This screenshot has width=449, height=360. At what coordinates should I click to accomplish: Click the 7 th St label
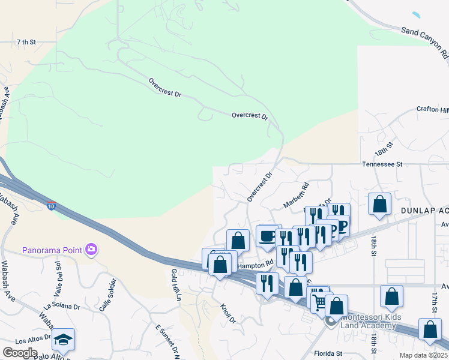pos(26,42)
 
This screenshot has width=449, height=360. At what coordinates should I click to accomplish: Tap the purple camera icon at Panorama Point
pos(91,249)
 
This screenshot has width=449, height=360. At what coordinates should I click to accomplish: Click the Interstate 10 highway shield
pos(52,206)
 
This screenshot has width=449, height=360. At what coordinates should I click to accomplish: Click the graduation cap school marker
pos(63,339)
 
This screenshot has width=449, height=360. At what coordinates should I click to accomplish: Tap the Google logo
pos(20,352)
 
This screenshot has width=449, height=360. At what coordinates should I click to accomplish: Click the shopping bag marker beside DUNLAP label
pos(380,204)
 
